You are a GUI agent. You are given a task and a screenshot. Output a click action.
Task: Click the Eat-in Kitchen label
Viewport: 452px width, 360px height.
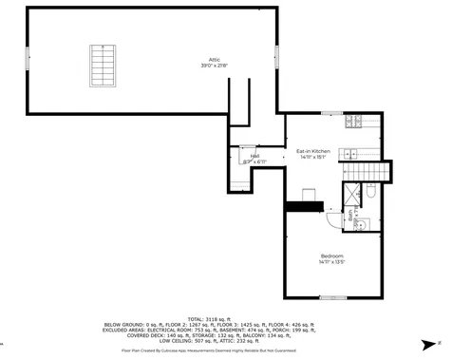pyautogui.click(x=312, y=151)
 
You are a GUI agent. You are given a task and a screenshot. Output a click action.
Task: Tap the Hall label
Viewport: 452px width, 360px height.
pyautogui.click(x=254, y=158)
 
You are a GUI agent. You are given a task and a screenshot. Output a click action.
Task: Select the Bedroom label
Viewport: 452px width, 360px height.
pyautogui.click(x=331, y=257)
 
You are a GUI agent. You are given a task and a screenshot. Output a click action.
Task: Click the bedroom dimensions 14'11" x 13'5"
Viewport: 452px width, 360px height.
pyautogui.click(x=331, y=264)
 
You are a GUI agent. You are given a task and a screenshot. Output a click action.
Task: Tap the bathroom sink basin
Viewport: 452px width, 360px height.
pyautogui.click(x=362, y=219)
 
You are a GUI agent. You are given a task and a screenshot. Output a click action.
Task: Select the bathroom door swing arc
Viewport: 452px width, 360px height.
pyautogui.click(x=332, y=218)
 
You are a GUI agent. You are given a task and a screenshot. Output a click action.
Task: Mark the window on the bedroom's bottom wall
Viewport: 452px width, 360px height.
pyautogui.click(x=332, y=297)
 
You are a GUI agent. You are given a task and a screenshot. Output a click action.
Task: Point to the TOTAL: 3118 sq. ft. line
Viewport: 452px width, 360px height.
pyautogui.click(x=225, y=318)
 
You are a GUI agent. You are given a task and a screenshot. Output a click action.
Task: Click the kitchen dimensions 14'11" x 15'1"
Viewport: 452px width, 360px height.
pyautogui.click(x=312, y=157)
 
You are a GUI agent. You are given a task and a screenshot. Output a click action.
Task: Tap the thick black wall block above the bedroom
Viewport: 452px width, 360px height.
pyautogui.click(x=304, y=206)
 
